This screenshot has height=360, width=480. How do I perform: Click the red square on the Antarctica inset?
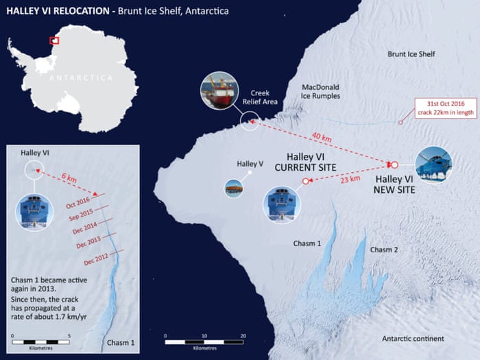53,40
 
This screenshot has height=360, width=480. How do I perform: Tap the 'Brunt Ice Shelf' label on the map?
411,54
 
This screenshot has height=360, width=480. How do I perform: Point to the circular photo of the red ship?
218,91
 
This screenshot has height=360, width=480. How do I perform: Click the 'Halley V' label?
250,164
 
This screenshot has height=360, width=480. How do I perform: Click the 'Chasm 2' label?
384,250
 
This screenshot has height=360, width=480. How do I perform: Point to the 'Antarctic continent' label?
413,339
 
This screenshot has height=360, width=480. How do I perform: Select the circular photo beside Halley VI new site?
433,165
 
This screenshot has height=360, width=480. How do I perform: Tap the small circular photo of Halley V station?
233,187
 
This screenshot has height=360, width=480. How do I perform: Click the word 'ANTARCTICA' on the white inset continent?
81,78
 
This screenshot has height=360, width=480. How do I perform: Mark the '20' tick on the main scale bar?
243,336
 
